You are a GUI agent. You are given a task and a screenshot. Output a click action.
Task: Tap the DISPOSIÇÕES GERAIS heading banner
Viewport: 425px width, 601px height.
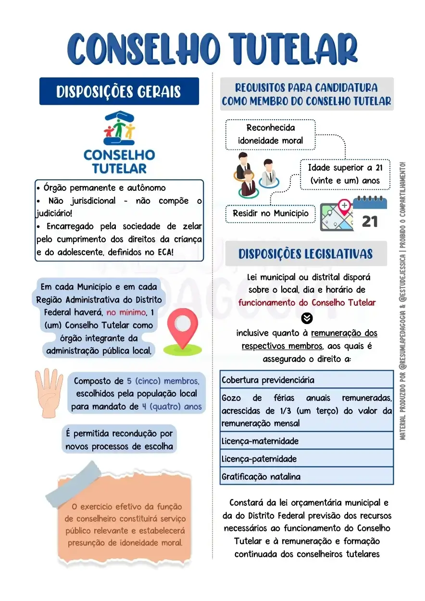point(119,91)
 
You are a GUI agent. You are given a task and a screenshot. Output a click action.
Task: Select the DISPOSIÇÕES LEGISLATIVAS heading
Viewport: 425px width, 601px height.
point(306,254)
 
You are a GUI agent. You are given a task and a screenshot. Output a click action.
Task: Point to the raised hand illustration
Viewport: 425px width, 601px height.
point(49,392)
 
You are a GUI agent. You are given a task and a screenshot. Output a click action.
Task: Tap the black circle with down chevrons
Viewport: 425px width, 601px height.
point(307,318)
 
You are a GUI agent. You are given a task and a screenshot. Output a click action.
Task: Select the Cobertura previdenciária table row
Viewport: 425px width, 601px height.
point(306,380)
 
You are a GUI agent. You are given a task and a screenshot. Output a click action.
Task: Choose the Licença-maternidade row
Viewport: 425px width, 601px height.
point(306,441)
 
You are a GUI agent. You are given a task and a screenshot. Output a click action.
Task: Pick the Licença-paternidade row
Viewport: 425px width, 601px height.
point(306,459)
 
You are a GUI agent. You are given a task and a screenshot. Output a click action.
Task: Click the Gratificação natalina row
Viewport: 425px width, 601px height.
point(306,476)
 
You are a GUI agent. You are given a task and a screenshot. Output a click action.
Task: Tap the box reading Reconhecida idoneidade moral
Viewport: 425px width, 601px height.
point(270,134)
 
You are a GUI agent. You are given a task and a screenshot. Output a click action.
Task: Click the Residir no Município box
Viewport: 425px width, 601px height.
point(271,213)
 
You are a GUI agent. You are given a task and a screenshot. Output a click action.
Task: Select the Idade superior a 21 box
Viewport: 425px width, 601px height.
point(345,174)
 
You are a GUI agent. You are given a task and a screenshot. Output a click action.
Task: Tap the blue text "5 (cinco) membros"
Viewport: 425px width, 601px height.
point(163,381)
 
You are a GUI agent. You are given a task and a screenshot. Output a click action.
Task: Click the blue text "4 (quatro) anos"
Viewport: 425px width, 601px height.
point(172,406)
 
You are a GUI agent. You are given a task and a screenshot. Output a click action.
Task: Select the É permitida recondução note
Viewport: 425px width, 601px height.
point(119,440)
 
